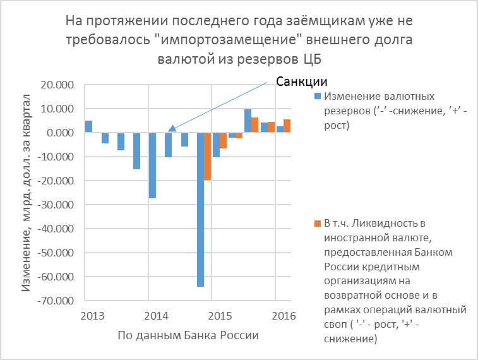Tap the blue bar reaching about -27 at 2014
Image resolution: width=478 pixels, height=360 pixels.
point(152,165)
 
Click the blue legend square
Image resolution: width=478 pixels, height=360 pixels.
point(318,97)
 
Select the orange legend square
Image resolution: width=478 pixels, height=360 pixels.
point(318,224)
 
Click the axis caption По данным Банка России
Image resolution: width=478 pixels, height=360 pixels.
point(188,335)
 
